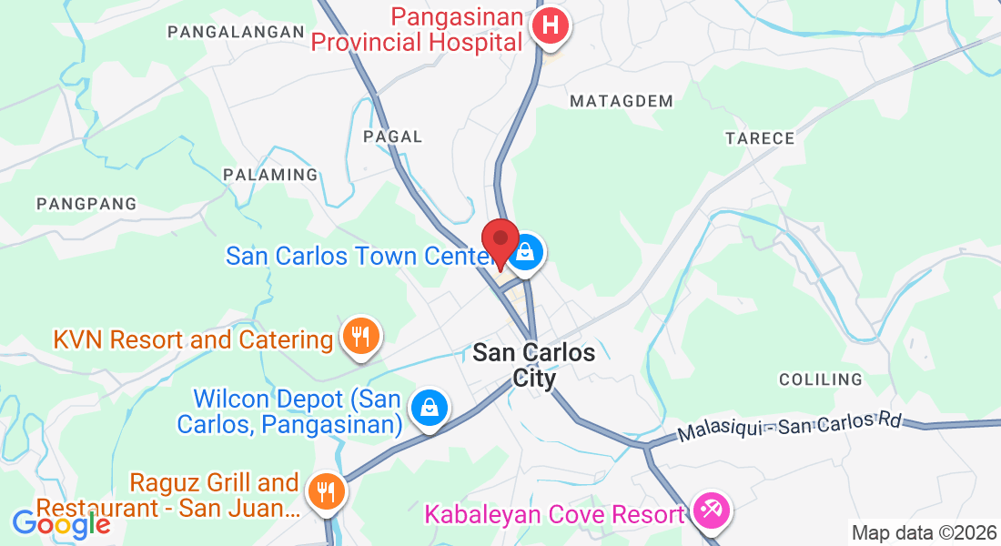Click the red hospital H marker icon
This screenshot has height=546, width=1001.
coord(549,25)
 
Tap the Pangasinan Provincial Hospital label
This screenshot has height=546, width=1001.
coord(418,29)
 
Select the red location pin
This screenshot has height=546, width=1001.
coord(500,242)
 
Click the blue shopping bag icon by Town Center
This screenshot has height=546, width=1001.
coord(525,255)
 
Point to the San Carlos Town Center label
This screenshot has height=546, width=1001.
coord(359,256)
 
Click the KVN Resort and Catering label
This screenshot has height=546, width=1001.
coord(193,340)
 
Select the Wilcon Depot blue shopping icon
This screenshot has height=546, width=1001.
coord(428,408)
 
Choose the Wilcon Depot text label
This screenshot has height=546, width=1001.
coord(297,412)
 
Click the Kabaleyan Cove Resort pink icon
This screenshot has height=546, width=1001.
coord(709,511)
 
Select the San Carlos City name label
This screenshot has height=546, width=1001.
coord(534,365)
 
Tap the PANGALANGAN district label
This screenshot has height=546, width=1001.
coord(235,32)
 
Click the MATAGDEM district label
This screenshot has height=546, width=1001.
coord(622,101)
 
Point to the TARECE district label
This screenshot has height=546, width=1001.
coord(760,138)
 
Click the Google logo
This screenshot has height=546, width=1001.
coord(61,524)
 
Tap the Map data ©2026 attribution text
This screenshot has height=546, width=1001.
coord(923,533)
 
